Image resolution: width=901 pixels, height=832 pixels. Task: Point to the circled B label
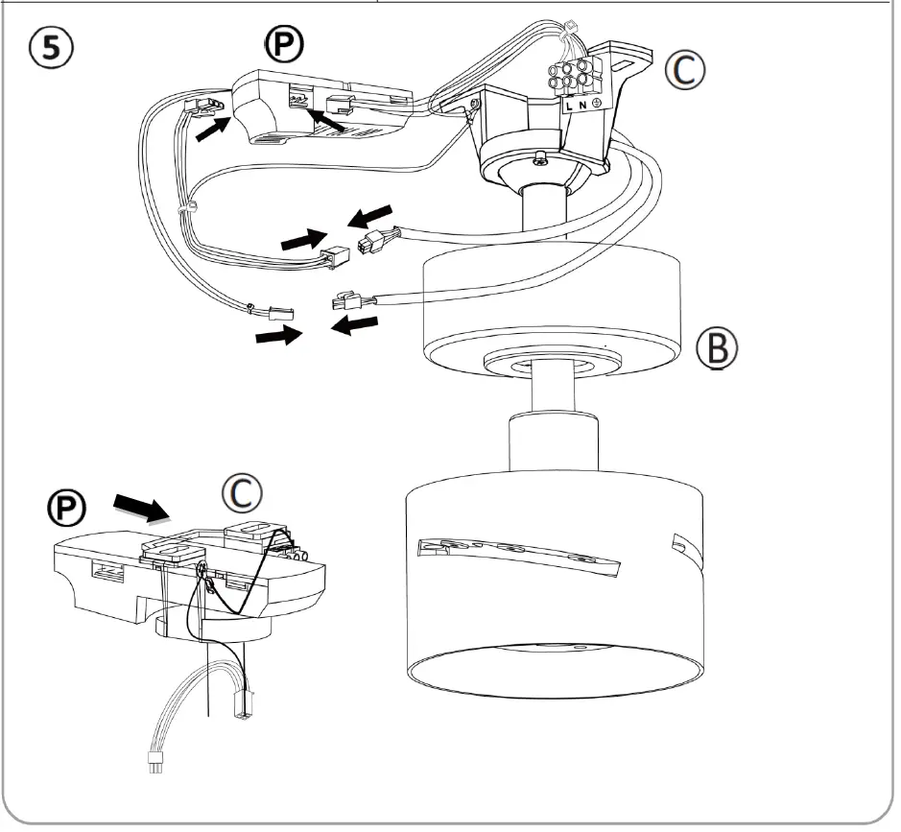[x=717, y=351]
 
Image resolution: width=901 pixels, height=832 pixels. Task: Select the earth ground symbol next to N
[x=598, y=102]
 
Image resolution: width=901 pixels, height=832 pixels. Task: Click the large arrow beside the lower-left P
[x=139, y=506]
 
